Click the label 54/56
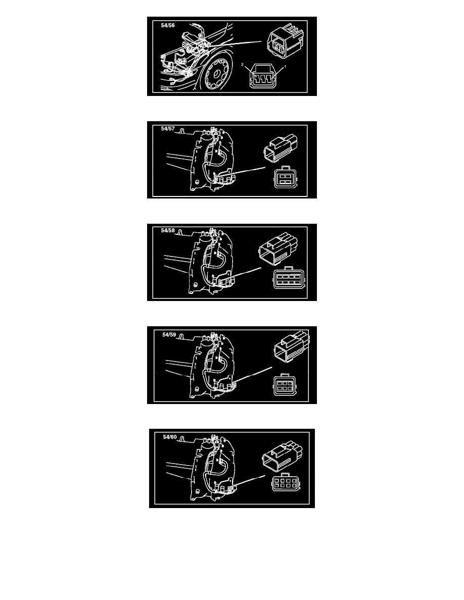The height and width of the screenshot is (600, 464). [168, 26]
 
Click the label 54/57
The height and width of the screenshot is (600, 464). [168, 129]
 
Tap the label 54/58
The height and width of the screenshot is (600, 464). [168, 230]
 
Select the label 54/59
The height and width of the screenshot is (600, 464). [169, 334]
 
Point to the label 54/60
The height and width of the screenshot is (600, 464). [170, 437]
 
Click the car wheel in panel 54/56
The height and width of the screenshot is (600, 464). [217, 73]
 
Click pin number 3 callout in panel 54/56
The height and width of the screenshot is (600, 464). [242, 65]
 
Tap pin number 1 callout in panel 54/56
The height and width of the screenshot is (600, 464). [285, 67]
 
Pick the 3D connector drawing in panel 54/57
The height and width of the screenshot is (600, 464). [281, 146]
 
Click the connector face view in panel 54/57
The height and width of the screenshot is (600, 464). [285, 177]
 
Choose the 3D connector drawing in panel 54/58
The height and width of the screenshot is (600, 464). [279, 249]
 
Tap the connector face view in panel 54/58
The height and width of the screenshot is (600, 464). [289, 278]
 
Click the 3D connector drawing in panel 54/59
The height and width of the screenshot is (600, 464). [292, 346]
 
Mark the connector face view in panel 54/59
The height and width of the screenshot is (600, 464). [285, 384]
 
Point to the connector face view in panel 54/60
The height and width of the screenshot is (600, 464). [286, 482]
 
